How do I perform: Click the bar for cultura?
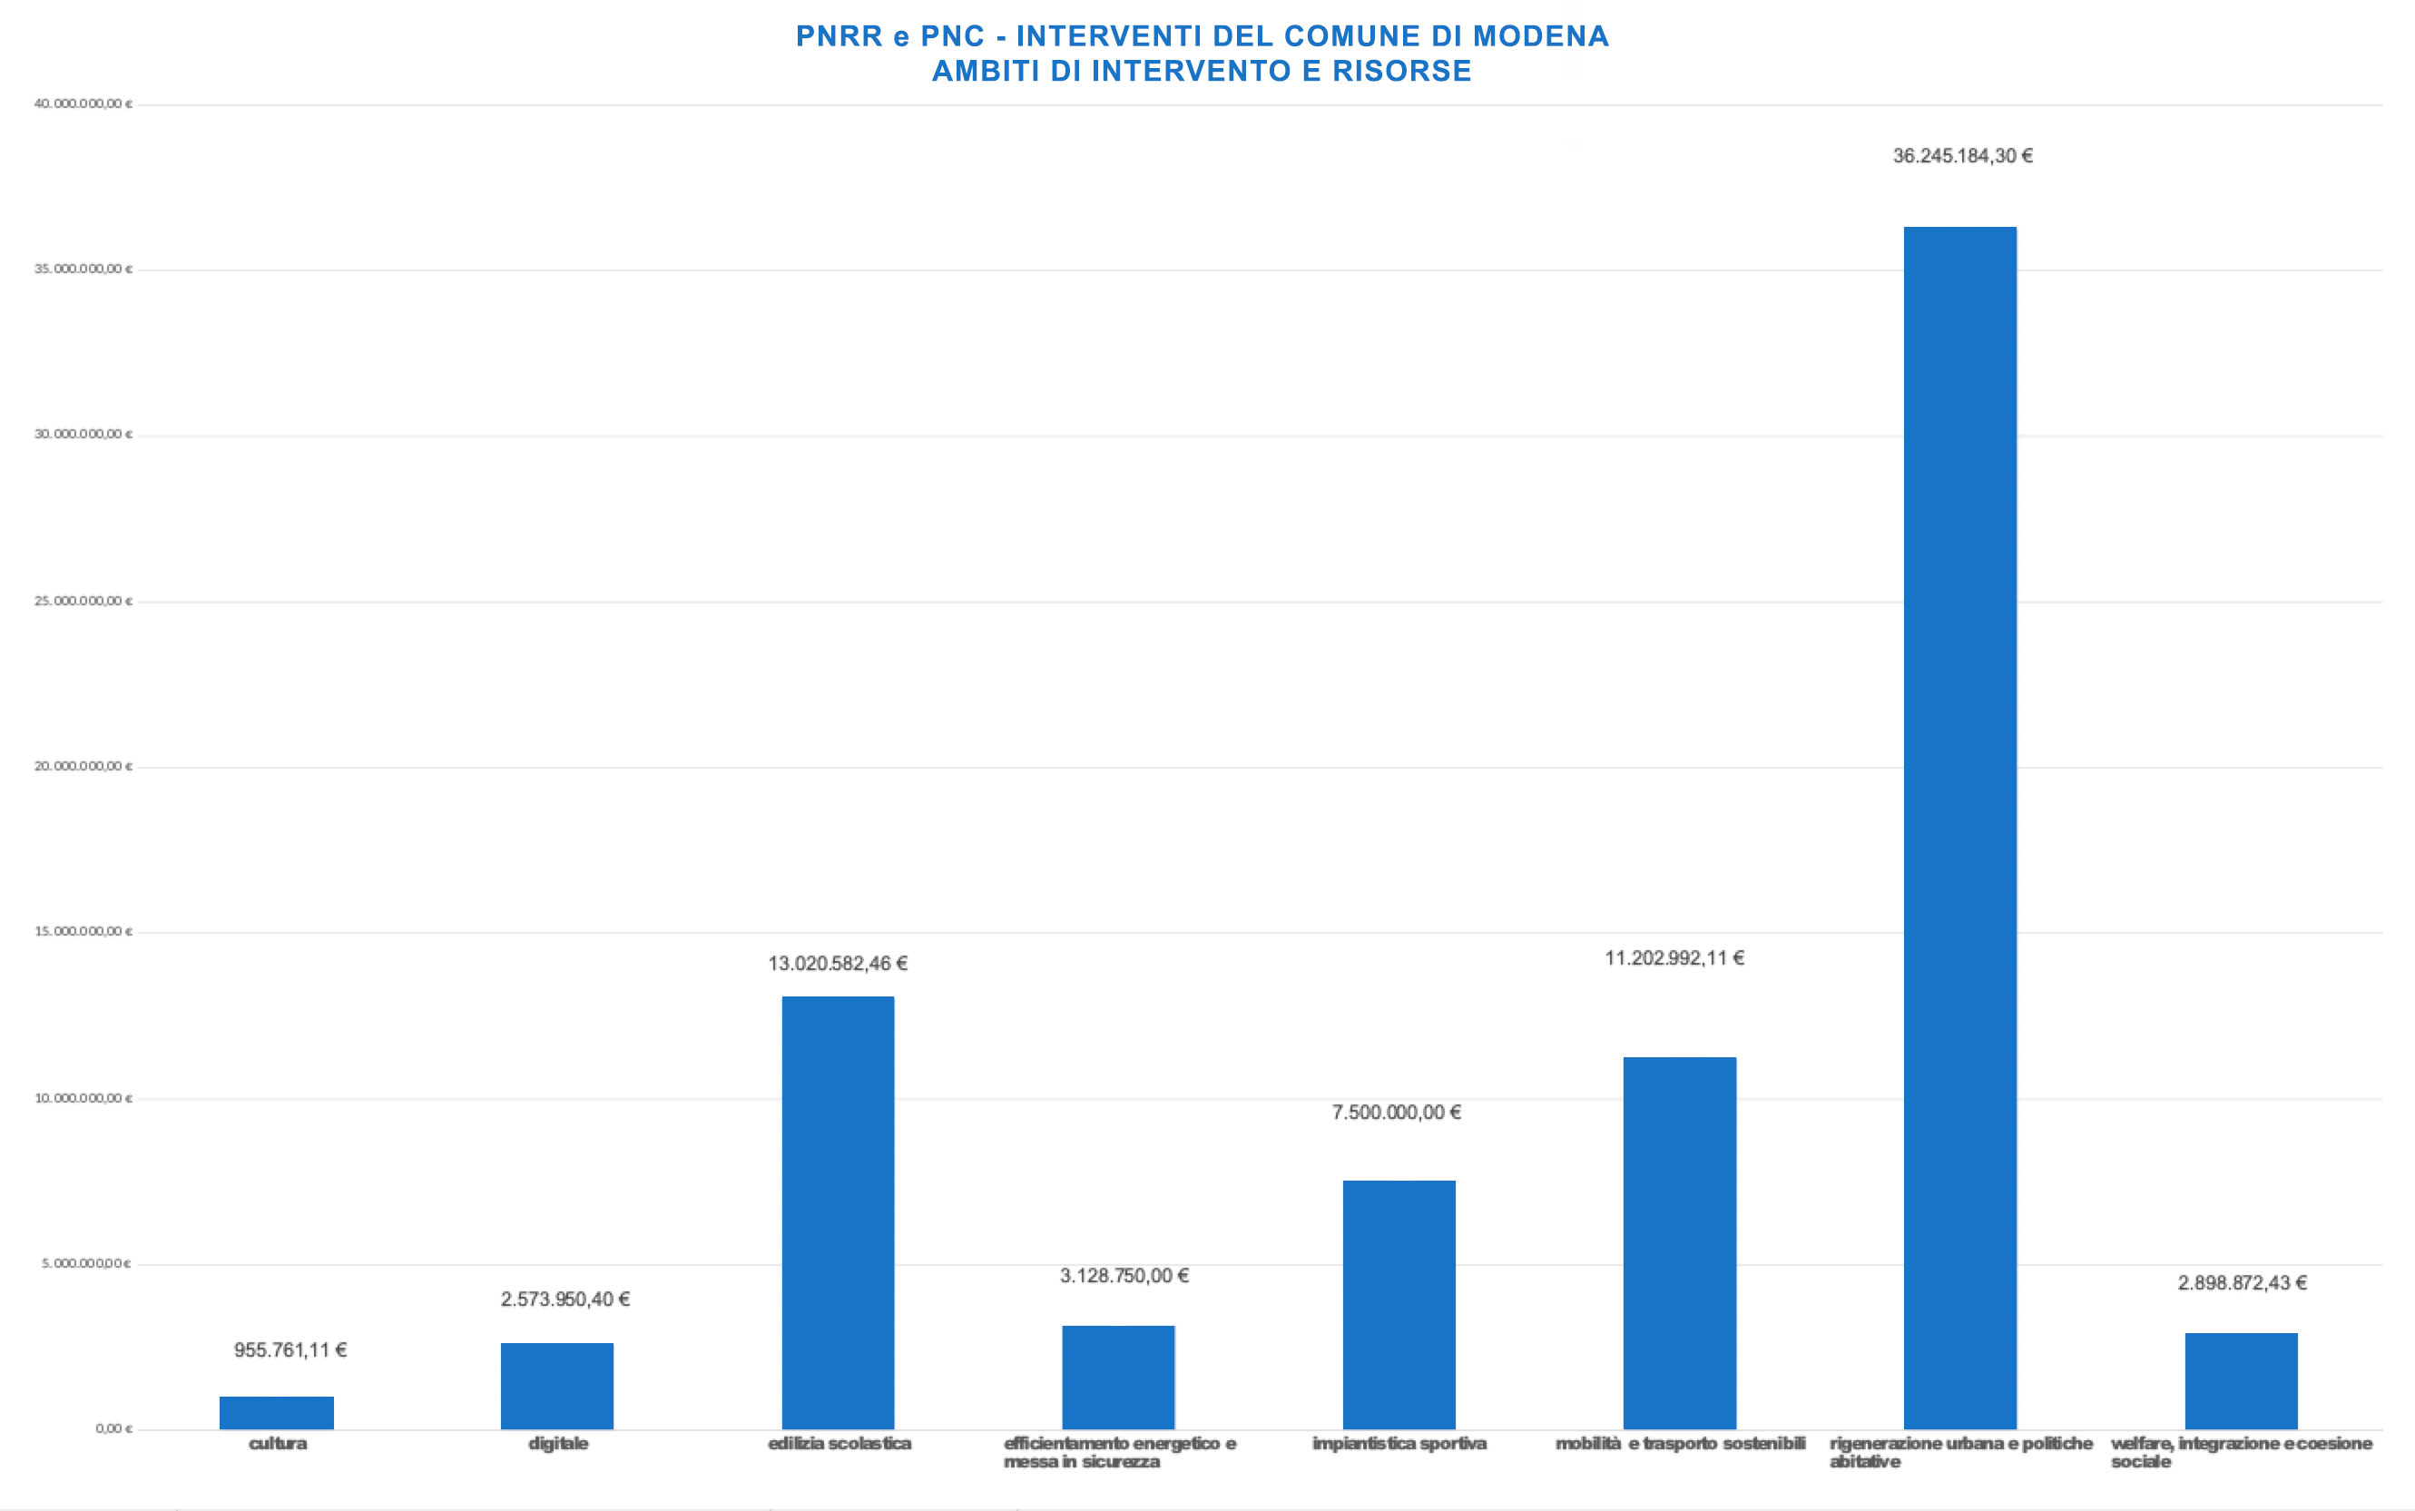277,1412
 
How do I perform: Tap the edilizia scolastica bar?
838,1212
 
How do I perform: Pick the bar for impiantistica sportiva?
1399,1304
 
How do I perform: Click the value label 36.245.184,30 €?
1962,156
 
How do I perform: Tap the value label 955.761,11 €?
290,1350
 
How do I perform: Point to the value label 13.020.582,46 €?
838,964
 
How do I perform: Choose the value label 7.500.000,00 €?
1396,1113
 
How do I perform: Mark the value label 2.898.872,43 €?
2243,1282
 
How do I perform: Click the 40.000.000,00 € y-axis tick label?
83,104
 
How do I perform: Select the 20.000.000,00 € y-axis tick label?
83,767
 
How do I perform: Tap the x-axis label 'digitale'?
557,1443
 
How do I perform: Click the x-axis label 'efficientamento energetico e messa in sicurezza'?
1119,1452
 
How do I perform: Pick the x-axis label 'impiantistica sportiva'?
1399,1443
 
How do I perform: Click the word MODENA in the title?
1540,36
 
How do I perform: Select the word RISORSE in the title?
1402,71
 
